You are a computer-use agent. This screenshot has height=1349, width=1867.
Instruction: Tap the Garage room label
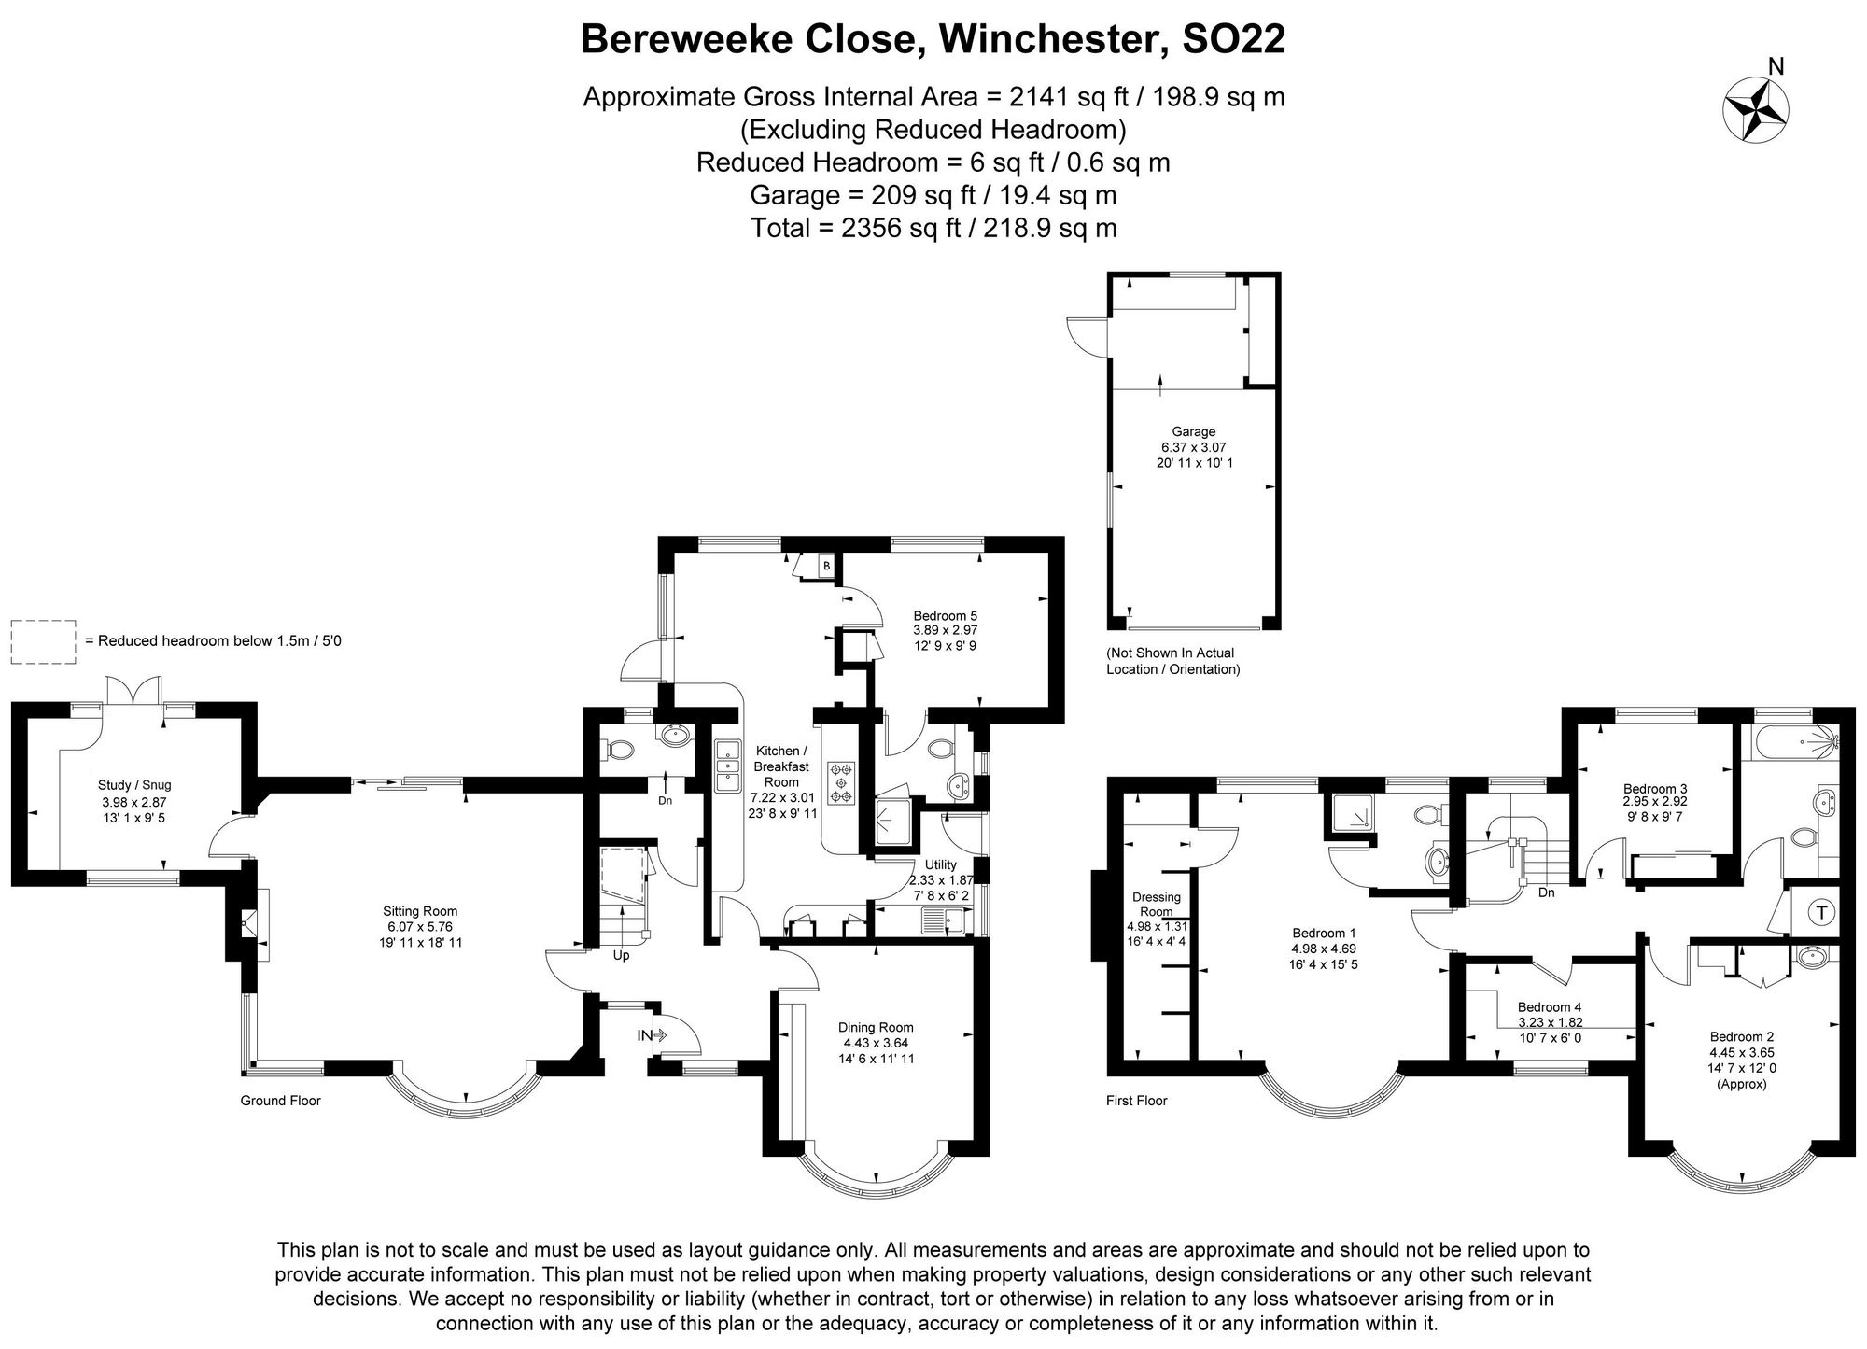(1193, 431)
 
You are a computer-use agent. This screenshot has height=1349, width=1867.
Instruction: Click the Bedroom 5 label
(945, 616)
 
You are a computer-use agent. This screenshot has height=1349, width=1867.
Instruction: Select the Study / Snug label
(134, 785)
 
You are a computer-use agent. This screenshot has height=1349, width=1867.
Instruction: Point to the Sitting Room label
(420, 911)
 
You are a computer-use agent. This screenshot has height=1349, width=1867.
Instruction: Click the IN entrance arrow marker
(652, 1035)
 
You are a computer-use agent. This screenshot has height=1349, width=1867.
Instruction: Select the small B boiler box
(826, 566)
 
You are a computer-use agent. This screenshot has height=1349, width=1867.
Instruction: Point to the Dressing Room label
(1156, 904)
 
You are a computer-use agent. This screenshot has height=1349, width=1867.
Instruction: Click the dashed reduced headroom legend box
(44, 641)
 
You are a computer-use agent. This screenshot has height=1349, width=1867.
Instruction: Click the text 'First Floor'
(1136, 1101)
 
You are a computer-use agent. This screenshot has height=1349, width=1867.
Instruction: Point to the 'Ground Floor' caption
(280, 1101)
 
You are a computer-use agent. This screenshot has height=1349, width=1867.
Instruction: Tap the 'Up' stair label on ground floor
(621, 956)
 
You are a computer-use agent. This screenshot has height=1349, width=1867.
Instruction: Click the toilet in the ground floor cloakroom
(619, 749)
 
